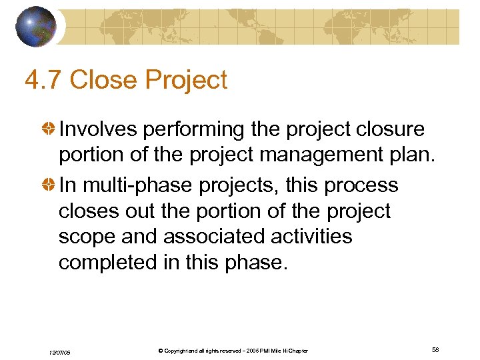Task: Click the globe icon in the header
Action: [37, 27]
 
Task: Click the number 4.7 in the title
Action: [43, 80]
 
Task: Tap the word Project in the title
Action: [186, 80]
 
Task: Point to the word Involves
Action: [98, 129]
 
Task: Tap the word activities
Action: [309, 237]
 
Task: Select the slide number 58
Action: [435, 350]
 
